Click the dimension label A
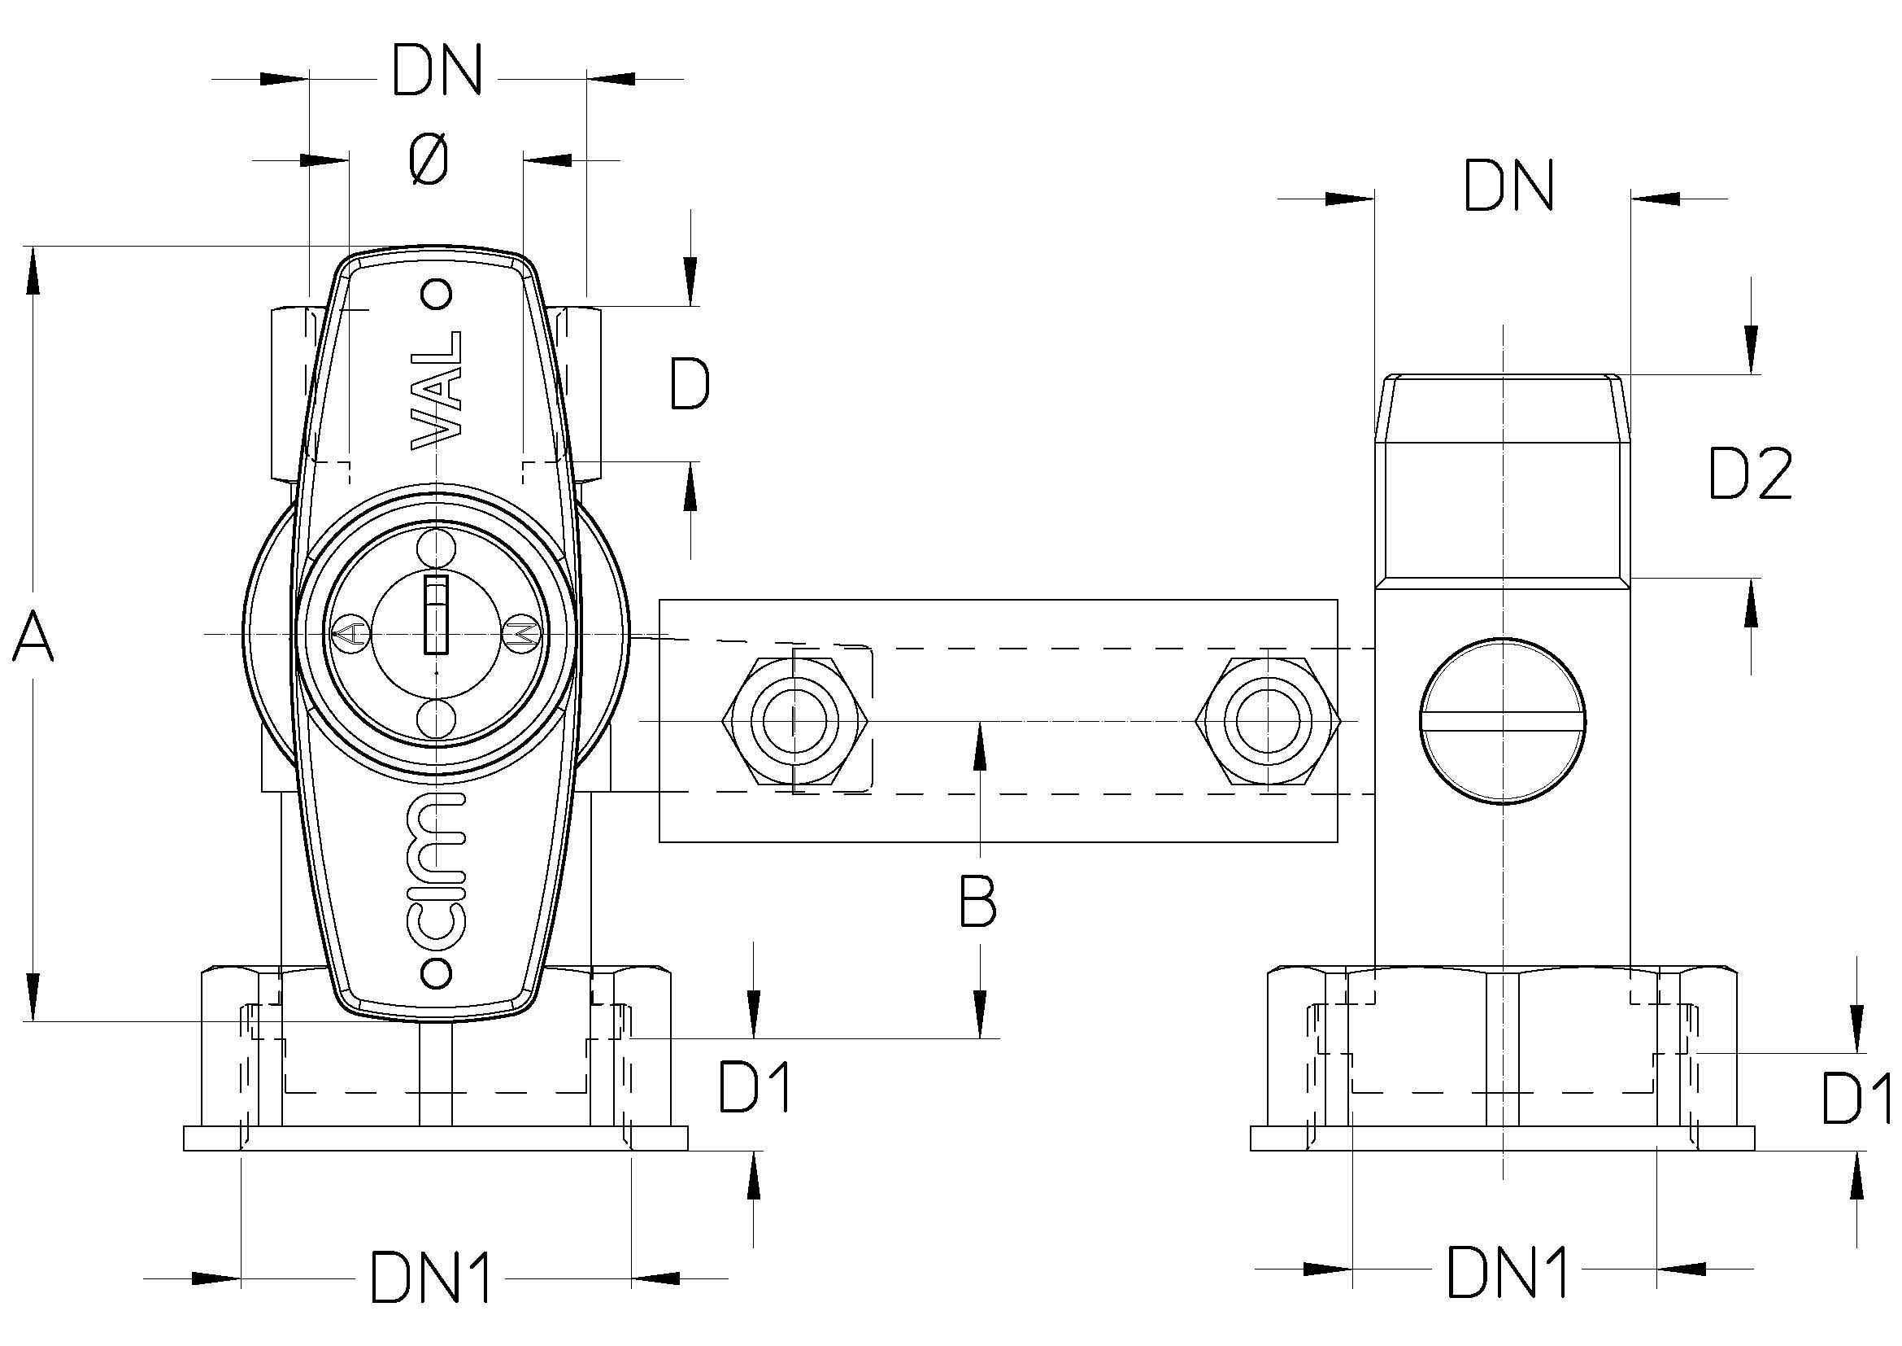click(x=33, y=636)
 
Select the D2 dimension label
click(x=1751, y=474)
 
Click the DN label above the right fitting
click(x=1508, y=186)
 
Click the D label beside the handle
click(x=690, y=384)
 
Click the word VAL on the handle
click(x=437, y=391)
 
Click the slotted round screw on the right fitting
click(x=1502, y=720)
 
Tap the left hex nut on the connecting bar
click(x=795, y=720)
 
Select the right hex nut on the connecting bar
click(x=1268, y=720)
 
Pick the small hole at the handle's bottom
click(x=437, y=971)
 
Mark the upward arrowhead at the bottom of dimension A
click(x=33, y=994)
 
